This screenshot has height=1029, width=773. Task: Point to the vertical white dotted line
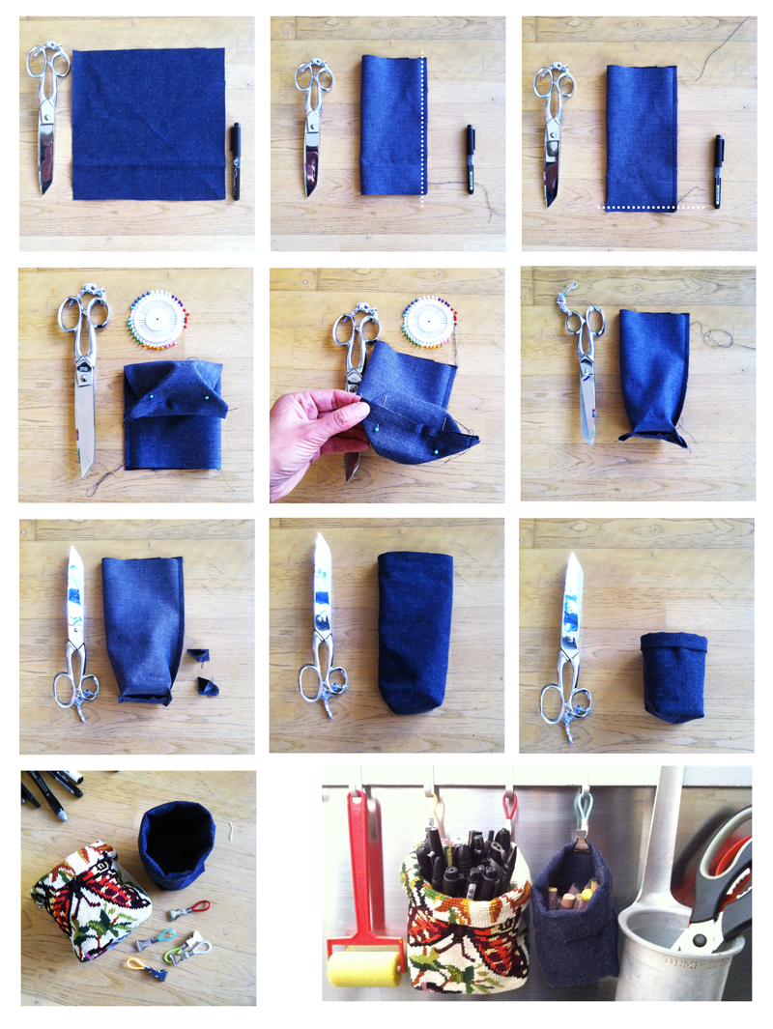click(x=423, y=126)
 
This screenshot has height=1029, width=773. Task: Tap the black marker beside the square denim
click(x=235, y=159)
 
